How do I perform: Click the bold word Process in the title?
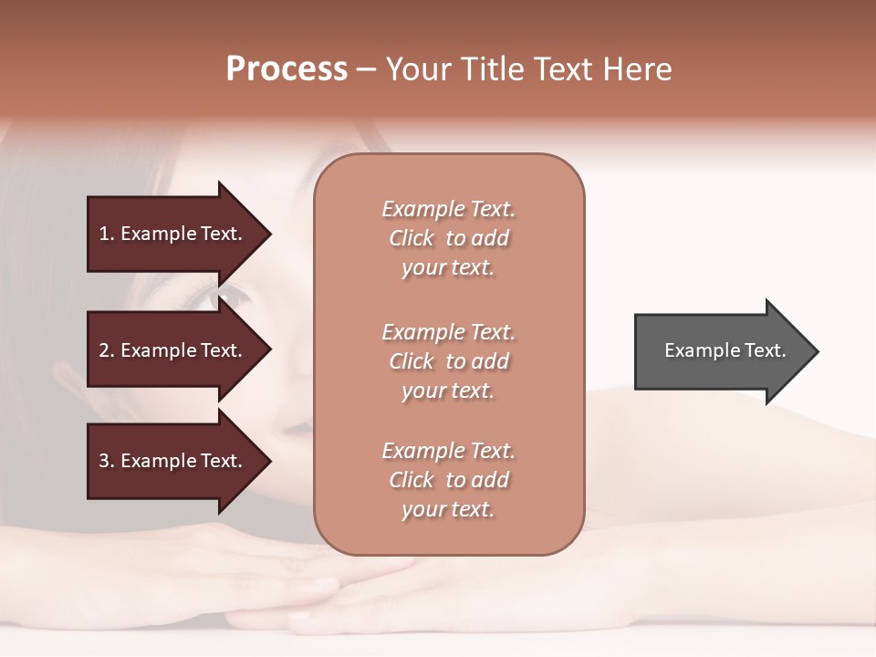click(x=287, y=69)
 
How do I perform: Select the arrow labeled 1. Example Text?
click(x=173, y=234)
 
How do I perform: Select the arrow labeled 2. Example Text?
click(x=173, y=350)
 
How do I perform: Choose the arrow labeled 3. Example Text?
click(x=173, y=461)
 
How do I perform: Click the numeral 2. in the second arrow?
click(x=106, y=350)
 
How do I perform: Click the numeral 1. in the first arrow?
click(x=106, y=234)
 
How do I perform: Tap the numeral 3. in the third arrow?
click(x=106, y=461)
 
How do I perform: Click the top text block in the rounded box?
click(x=448, y=238)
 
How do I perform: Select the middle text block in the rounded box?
click(x=448, y=361)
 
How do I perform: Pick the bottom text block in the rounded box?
click(x=448, y=480)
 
